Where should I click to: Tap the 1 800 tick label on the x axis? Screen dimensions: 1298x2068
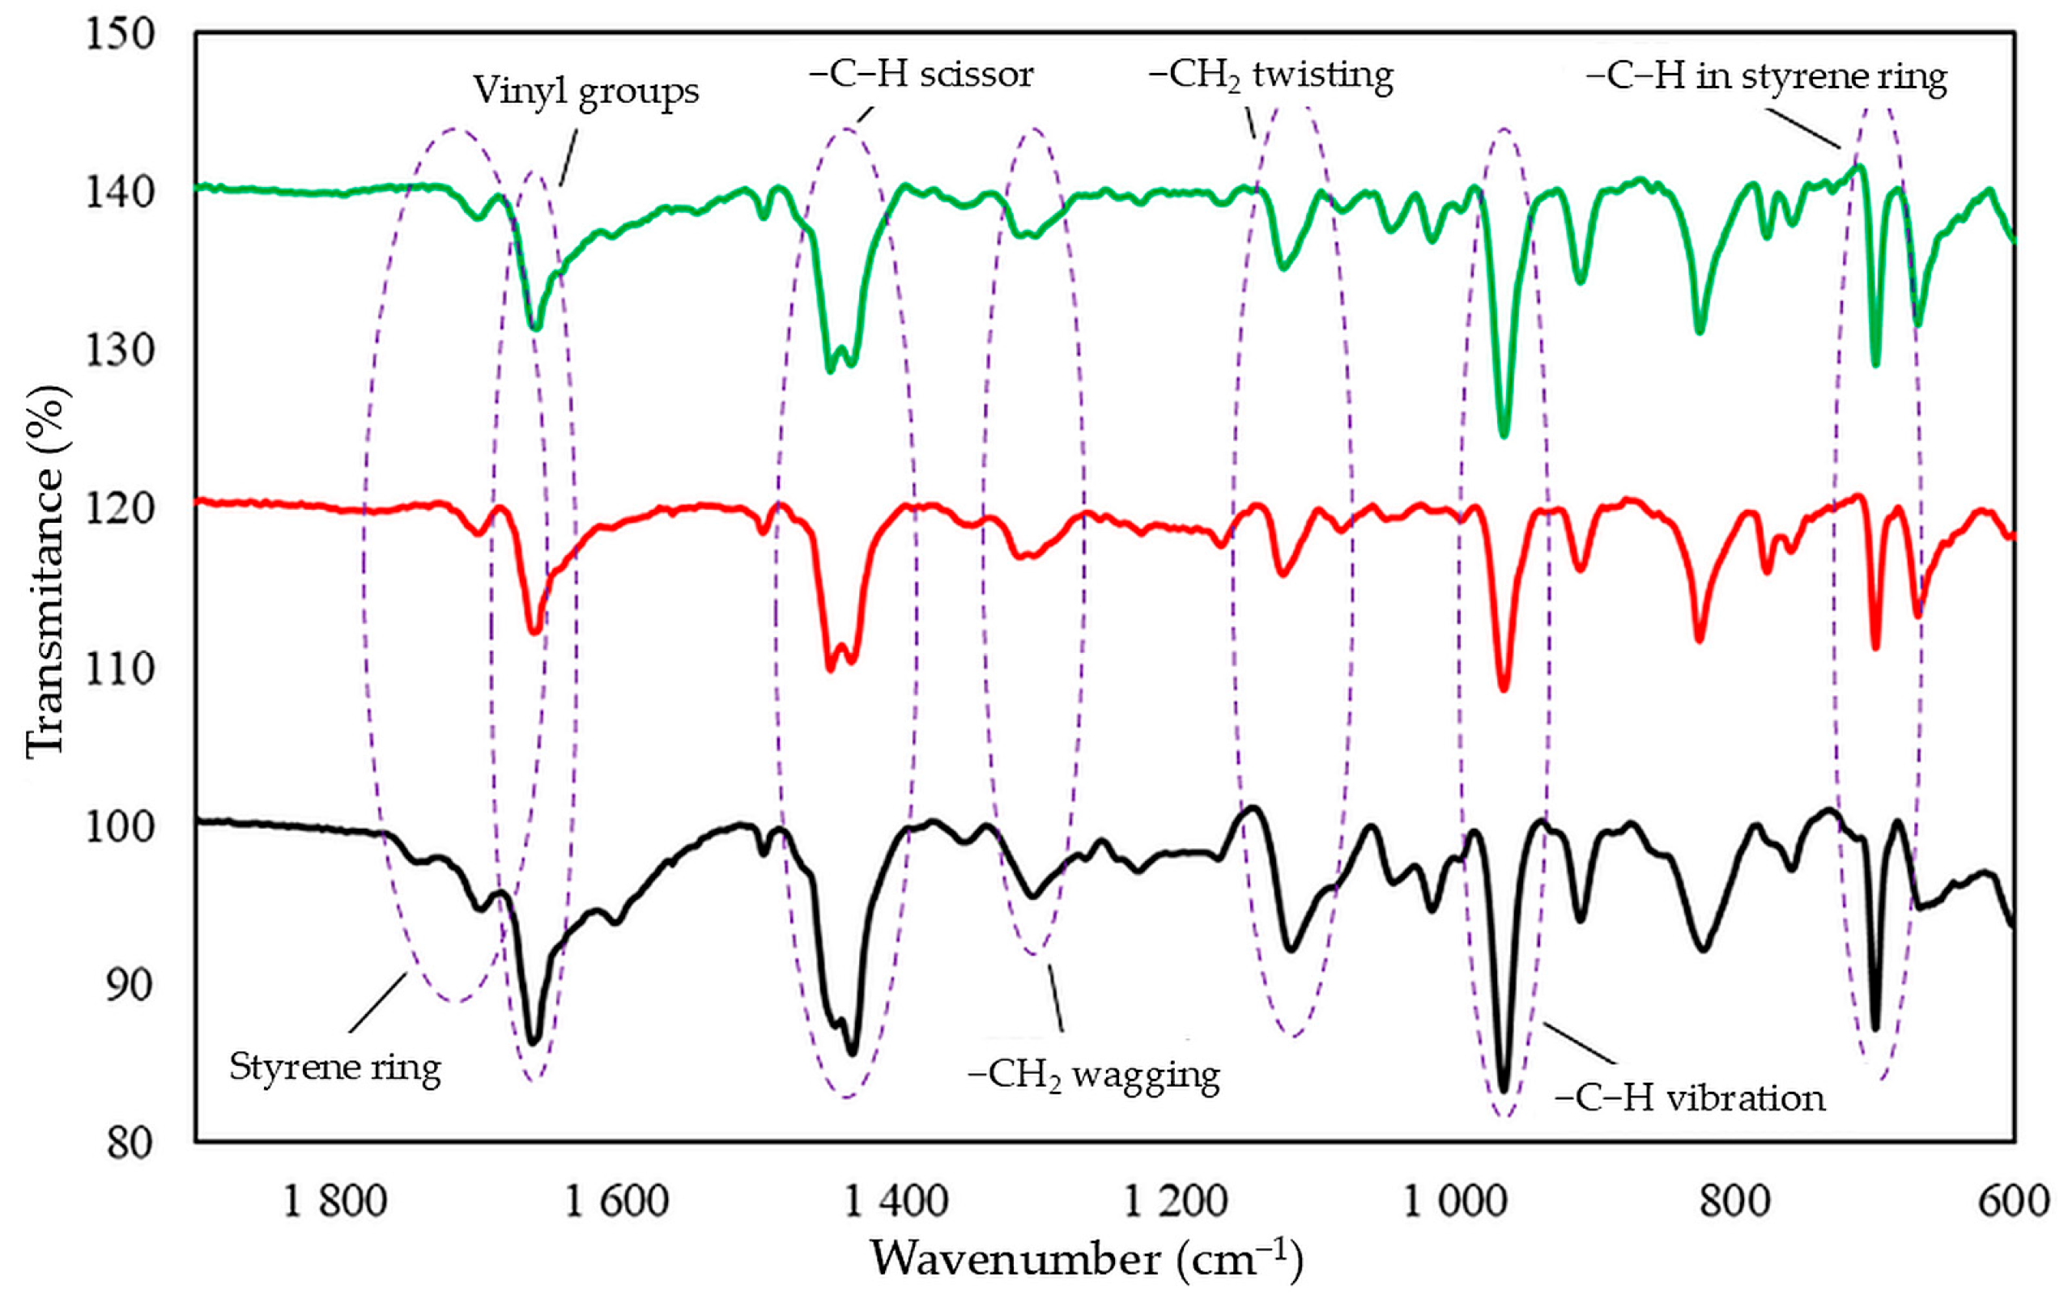click(x=335, y=1200)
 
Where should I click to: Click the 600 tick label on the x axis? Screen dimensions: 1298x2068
click(x=2013, y=1200)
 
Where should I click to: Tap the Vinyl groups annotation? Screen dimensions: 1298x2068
click(x=585, y=91)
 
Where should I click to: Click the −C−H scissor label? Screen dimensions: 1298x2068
click(x=921, y=74)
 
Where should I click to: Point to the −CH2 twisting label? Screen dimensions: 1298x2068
click(x=1270, y=75)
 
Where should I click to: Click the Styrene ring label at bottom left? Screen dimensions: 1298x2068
click(x=335, y=1067)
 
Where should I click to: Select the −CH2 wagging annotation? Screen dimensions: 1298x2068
click(x=1093, y=1075)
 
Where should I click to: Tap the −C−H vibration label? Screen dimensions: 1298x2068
click(x=1689, y=1098)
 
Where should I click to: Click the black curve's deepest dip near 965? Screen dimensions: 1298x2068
click(x=1503, y=1088)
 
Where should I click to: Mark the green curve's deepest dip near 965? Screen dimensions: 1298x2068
click(x=1503, y=434)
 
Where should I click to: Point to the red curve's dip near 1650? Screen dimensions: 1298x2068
click(x=534, y=631)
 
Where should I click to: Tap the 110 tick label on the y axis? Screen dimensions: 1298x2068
click(x=119, y=668)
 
